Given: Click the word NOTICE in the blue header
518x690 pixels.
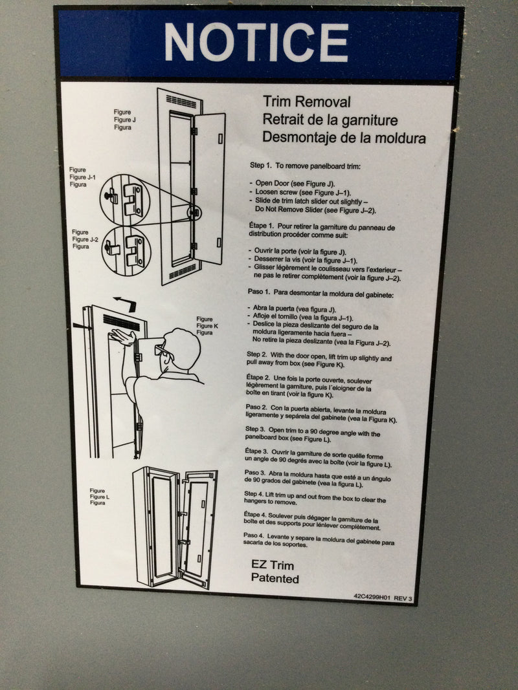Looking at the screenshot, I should (x=256, y=42).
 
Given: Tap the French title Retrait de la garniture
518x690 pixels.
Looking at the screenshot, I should (x=330, y=120).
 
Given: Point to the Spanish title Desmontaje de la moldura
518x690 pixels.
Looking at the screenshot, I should (x=344, y=138).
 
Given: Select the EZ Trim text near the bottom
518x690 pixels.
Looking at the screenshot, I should (x=272, y=565).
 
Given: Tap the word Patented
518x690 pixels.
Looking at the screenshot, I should (x=275, y=579).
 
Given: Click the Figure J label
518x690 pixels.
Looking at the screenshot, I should (x=124, y=120).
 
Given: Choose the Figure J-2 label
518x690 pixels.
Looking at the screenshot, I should (x=84, y=239).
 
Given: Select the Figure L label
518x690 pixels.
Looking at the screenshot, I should (x=99, y=497).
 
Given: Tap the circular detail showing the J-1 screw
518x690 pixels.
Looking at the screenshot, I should (x=124, y=197).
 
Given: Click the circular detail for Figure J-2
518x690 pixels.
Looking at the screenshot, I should (x=126, y=250).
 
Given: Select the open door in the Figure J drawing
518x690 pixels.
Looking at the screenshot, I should (x=208, y=188).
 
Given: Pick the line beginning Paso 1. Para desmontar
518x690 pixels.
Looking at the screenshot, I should (x=321, y=295).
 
